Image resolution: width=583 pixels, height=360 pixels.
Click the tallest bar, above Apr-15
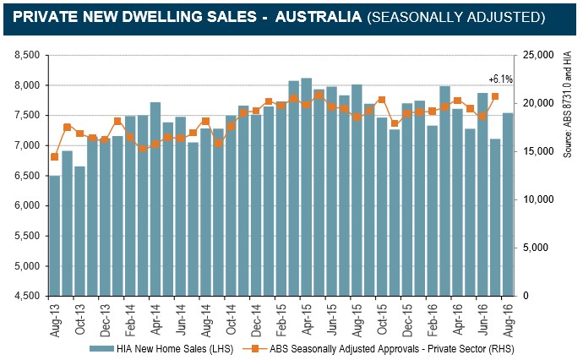coord(307,186)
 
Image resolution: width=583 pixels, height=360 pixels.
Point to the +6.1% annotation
coord(501,79)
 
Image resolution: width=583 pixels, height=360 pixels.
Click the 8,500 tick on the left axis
coord(29,55)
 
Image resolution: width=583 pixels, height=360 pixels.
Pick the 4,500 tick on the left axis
coord(29,296)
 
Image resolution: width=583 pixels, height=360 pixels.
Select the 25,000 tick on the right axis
coord(540,55)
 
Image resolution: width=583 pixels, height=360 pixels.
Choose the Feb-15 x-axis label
coord(282,318)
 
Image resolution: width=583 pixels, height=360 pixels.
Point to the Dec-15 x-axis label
coord(408,318)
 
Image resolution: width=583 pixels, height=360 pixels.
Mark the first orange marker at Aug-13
coord(55,156)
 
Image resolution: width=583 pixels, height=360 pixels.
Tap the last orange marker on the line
coord(495,96)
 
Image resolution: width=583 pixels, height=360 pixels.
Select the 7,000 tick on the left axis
coord(29,145)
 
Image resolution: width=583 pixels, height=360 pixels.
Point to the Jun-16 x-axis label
coord(483,318)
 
